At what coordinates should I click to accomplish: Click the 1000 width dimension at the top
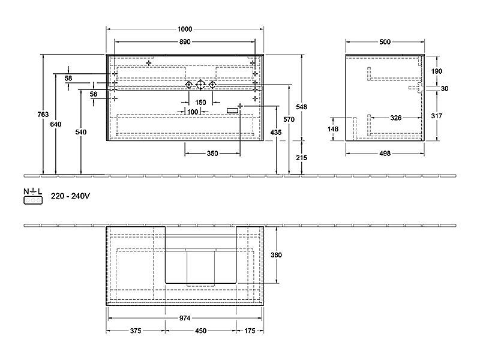coord(185,29)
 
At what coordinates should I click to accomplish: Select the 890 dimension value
coord(185,41)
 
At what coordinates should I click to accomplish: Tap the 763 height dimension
coord(43,114)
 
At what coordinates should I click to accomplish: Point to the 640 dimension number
coord(56,124)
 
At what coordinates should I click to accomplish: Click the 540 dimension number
coord(81,132)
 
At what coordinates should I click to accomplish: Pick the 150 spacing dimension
coord(200,102)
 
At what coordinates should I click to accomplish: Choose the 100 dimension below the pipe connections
coord(193,112)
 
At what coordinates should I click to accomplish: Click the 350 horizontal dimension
coord(212,154)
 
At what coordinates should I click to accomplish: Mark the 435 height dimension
coord(276,132)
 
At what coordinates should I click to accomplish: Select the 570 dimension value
coord(289,119)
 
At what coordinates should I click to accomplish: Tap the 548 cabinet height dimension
coord(302,107)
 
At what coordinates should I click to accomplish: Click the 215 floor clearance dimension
coord(302,158)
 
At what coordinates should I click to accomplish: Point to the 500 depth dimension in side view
coord(385,41)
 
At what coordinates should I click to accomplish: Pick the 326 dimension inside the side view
coord(396,118)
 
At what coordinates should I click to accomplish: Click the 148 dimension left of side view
coord(333,129)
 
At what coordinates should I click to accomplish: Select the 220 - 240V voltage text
coord(70,196)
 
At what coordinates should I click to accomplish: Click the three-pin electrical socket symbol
coord(33,200)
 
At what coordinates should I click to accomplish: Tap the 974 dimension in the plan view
coord(185,318)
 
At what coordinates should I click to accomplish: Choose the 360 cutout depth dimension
coord(276,254)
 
